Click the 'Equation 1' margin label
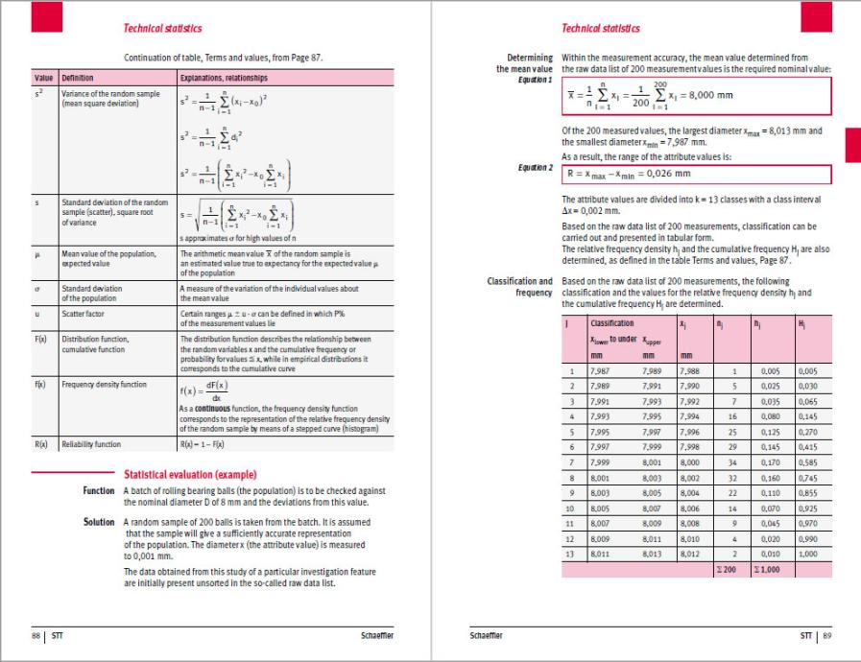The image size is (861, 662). pyautogui.click(x=536, y=80)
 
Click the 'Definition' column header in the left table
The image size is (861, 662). pyautogui.click(x=79, y=78)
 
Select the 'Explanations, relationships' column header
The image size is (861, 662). pyautogui.click(x=224, y=78)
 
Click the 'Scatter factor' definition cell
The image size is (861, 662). pyautogui.click(x=84, y=313)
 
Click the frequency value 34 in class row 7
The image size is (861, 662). pyautogui.click(x=731, y=461)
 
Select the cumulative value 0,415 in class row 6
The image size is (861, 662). pyautogui.click(x=808, y=446)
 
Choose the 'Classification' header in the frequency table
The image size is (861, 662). pyautogui.click(x=611, y=324)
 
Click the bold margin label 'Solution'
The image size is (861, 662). pyautogui.click(x=99, y=522)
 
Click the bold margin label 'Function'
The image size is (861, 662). pyautogui.click(x=99, y=490)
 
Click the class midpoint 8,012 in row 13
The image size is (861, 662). pyautogui.click(x=688, y=554)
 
